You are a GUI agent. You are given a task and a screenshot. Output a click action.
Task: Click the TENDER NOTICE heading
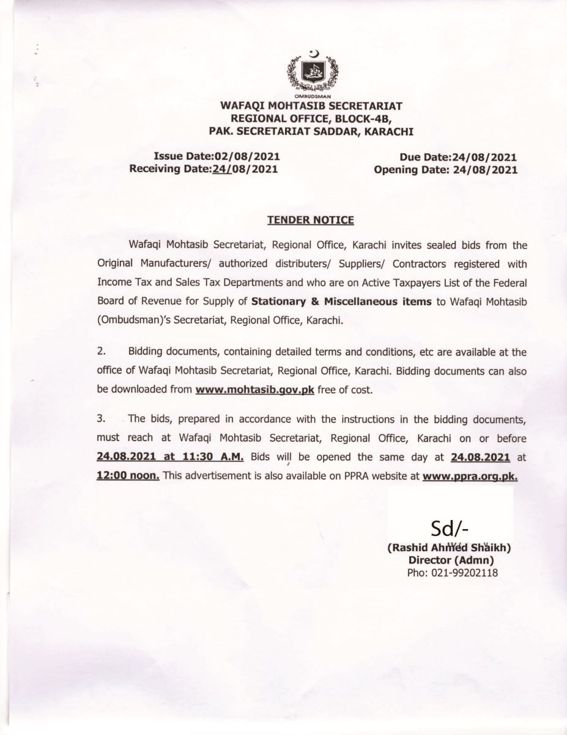point(310,219)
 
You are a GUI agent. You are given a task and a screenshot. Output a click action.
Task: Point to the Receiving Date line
point(204,169)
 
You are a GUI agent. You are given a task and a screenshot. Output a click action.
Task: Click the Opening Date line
point(445,169)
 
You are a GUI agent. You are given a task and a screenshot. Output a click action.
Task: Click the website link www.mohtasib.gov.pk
point(254,390)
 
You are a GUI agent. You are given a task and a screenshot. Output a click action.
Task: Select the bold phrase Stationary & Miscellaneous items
point(342,301)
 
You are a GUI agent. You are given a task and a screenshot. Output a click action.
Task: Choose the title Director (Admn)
point(451,560)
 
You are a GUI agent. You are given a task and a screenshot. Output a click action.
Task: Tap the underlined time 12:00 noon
point(128,475)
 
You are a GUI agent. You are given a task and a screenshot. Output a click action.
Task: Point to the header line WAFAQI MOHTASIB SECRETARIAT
point(311,106)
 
